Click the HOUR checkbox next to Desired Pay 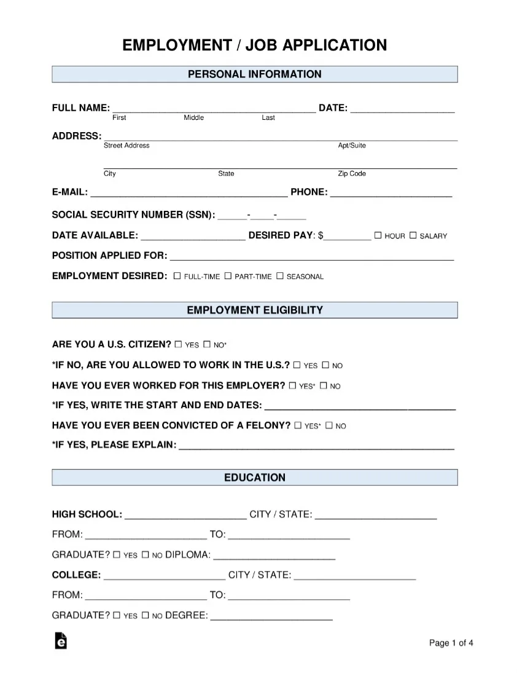point(378,235)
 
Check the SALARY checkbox point(413,235)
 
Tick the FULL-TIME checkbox point(177,276)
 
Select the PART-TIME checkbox point(228,276)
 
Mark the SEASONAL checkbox point(280,276)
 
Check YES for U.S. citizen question point(178,344)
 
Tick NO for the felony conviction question point(328,425)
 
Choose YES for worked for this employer point(293,385)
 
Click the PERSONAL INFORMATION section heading point(254,74)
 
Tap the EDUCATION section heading point(254,478)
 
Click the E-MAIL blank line point(189,195)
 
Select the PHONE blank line point(391,195)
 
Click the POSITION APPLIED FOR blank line point(311,259)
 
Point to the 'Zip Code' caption point(352,174)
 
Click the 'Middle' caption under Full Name point(194,117)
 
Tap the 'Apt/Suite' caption point(352,146)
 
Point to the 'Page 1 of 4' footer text point(451,643)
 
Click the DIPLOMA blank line point(274,558)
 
